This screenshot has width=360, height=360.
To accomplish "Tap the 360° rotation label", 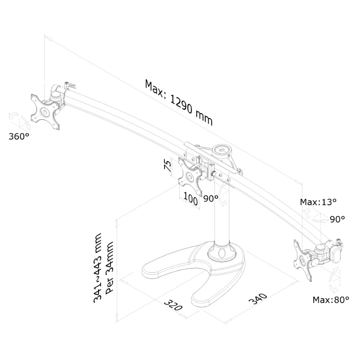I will pos(19,136).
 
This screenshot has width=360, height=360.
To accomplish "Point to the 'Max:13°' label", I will pos(319,202).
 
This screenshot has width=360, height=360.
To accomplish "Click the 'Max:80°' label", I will pos(331,299).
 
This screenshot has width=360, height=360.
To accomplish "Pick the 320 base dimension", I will pos(173,305).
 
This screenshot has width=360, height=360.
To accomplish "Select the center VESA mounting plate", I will pos(190,177).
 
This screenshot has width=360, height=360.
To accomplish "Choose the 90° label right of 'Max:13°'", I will pos(337,219).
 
